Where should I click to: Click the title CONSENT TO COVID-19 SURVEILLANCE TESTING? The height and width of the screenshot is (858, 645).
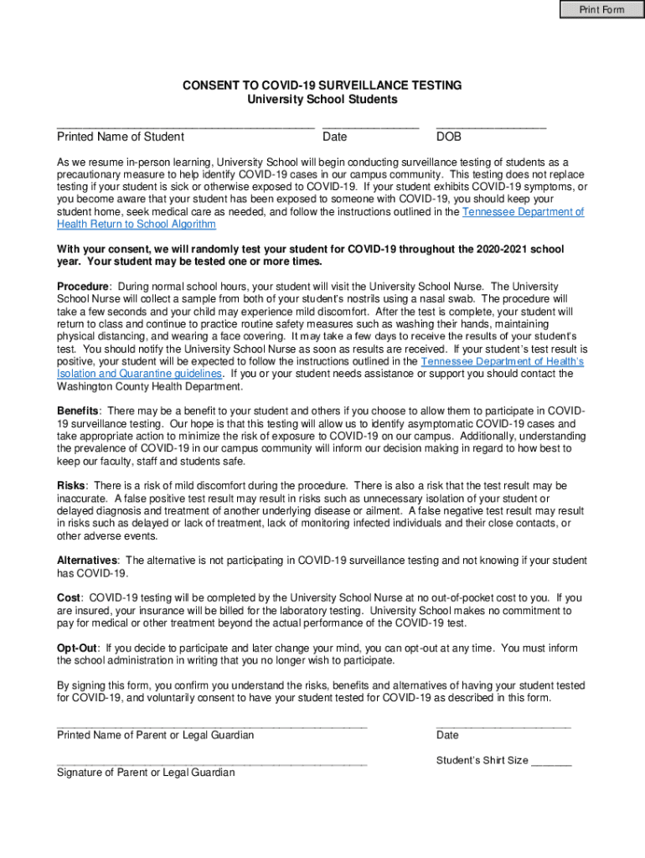tap(322, 85)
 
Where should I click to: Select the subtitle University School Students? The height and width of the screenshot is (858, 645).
tap(322, 99)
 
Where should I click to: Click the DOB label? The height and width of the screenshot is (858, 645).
tap(448, 137)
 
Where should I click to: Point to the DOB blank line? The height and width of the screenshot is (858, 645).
tap(491, 126)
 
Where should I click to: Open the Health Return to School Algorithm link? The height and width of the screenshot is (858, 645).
tap(137, 224)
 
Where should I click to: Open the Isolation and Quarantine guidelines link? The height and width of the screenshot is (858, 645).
tap(140, 373)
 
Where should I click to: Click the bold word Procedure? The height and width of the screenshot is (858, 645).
tap(83, 287)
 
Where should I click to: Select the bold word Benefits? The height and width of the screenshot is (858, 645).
tap(79, 411)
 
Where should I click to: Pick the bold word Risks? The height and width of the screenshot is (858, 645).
tap(71, 485)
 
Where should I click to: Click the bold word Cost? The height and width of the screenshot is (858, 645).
tap(69, 597)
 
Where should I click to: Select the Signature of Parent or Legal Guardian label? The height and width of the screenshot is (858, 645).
tap(146, 773)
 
